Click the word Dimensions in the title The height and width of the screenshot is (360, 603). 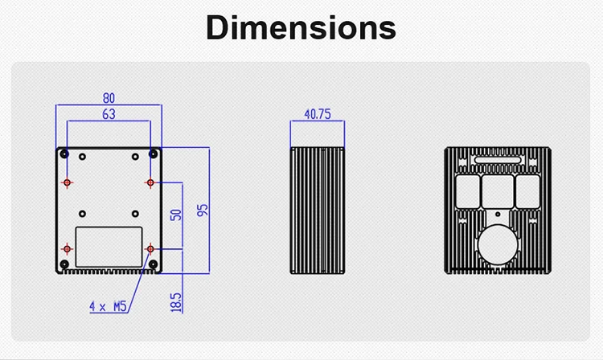301,27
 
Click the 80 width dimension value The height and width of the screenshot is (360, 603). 109,98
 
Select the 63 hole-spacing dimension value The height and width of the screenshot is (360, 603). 109,114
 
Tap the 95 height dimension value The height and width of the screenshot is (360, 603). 203,211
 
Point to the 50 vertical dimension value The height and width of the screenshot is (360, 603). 176,215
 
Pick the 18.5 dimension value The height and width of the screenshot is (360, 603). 176,301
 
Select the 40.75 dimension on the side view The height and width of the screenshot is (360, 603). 318,114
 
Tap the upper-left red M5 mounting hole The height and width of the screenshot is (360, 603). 68,183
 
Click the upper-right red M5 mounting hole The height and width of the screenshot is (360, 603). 150,183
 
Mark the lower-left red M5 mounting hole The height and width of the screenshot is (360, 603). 68,250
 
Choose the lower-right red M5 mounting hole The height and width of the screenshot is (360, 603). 150,250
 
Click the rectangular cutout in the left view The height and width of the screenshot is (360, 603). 109,247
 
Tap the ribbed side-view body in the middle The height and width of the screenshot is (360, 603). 318,211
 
